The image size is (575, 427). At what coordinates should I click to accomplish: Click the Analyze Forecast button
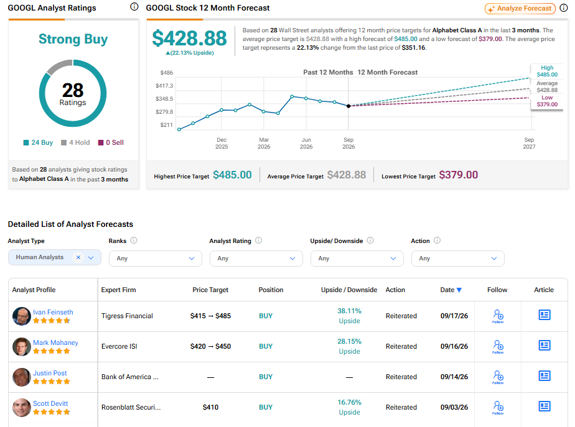(x=520, y=9)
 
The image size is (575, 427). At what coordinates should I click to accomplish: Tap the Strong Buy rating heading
(x=73, y=39)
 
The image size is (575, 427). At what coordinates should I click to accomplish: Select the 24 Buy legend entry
(x=38, y=142)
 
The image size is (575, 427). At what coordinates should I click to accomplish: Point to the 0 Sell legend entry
(x=111, y=142)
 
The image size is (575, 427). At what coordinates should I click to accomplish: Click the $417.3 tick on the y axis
(x=164, y=86)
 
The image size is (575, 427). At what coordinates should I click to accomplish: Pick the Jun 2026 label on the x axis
(x=306, y=143)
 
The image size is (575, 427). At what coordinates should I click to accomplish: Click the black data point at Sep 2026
(x=348, y=106)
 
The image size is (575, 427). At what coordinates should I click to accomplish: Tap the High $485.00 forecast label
(x=547, y=71)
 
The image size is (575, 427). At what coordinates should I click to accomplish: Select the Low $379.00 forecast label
(x=547, y=101)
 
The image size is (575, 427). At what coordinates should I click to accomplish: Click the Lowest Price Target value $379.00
(x=459, y=175)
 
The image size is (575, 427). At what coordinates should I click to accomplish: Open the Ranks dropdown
(x=156, y=259)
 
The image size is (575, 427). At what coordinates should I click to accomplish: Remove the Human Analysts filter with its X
(x=78, y=257)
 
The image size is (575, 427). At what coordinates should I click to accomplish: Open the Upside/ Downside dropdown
(x=357, y=259)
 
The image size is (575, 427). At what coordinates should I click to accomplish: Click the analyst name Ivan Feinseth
(x=53, y=312)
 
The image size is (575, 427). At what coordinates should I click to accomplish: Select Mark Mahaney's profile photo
(x=22, y=347)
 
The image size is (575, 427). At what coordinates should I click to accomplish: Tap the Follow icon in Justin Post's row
(x=498, y=377)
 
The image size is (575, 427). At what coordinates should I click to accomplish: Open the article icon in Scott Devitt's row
(x=544, y=406)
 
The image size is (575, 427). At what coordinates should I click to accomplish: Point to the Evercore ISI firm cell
(x=119, y=346)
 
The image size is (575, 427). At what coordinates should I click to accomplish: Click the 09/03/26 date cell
(x=454, y=407)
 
